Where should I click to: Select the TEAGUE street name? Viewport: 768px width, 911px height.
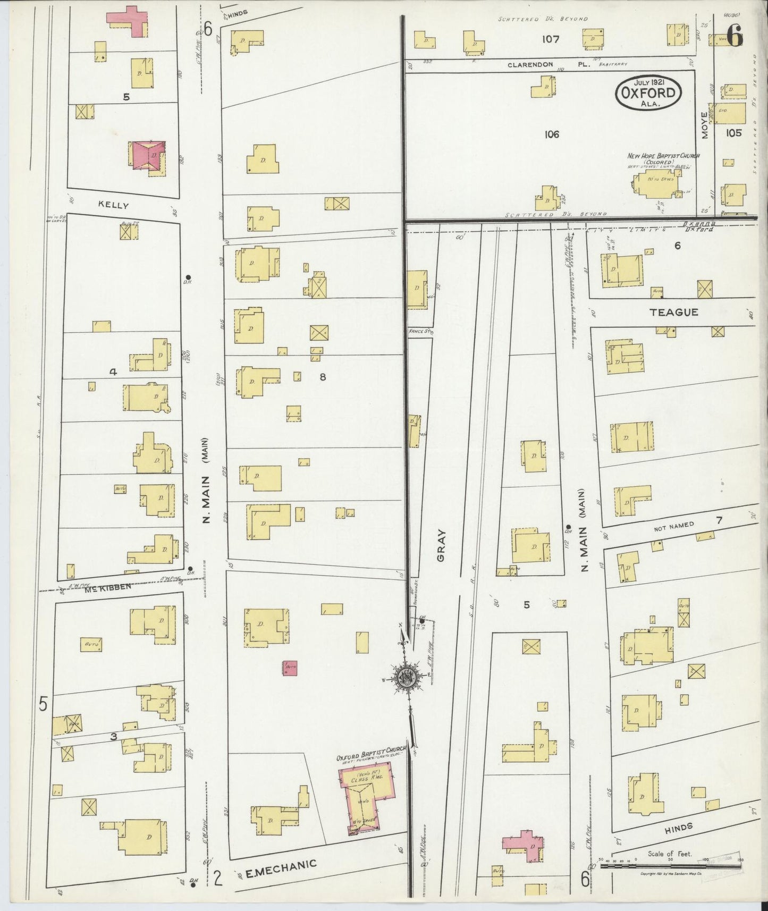click(x=673, y=313)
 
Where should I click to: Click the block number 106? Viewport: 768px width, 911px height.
click(x=552, y=134)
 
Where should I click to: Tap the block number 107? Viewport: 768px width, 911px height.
click(x=552, y=39)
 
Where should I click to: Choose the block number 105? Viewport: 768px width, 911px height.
click(x=733, y=133)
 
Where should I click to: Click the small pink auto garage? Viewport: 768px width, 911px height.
click(x=290, y=668)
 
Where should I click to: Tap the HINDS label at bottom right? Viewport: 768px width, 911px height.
click(x=679, y=827)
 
